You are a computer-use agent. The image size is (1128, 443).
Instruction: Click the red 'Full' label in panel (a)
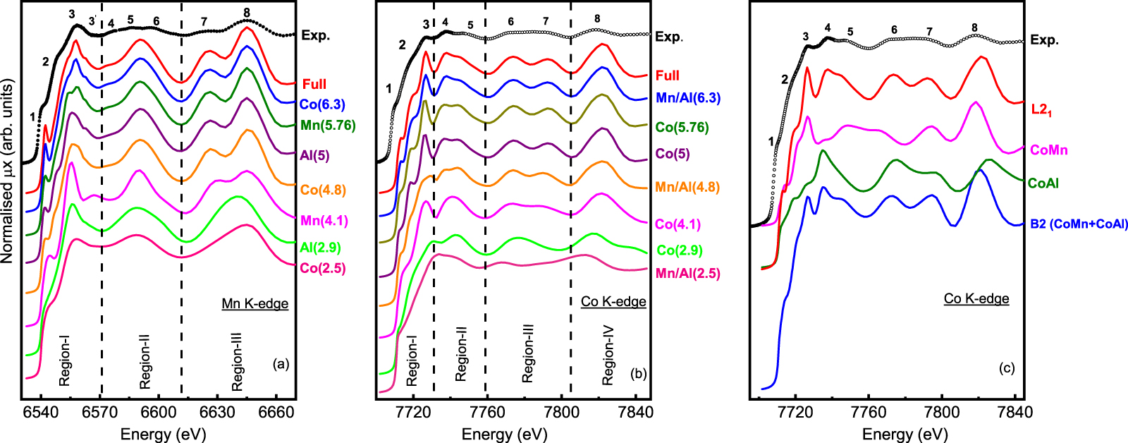[314, 84]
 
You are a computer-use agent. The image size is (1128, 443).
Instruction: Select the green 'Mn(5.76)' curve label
[327, 126]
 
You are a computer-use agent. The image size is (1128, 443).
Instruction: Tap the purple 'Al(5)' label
[314, 155]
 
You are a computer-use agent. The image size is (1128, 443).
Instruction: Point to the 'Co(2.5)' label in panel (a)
[322, 268]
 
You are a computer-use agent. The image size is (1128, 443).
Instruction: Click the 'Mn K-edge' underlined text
[255, 304]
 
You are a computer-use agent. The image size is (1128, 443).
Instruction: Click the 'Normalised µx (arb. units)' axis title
[8, 171]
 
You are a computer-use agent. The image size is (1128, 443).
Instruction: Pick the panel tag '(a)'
[281, 364]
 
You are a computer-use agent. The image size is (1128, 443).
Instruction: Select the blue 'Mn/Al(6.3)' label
[687, 98]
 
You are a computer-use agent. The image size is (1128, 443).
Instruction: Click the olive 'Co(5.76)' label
[682, 128]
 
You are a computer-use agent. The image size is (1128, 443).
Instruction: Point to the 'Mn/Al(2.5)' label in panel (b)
[687, 273]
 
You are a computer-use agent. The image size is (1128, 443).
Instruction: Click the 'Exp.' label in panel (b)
[669, 37]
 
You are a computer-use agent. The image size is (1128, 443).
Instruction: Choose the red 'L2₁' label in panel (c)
[1041, 109]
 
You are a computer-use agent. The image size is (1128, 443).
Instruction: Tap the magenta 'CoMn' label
[1048, 150]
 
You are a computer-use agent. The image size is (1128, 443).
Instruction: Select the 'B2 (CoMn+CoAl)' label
[1079, 224]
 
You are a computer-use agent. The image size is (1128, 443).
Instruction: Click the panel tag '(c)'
[1006, 368]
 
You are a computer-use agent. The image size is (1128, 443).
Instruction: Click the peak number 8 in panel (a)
[247, 13]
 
